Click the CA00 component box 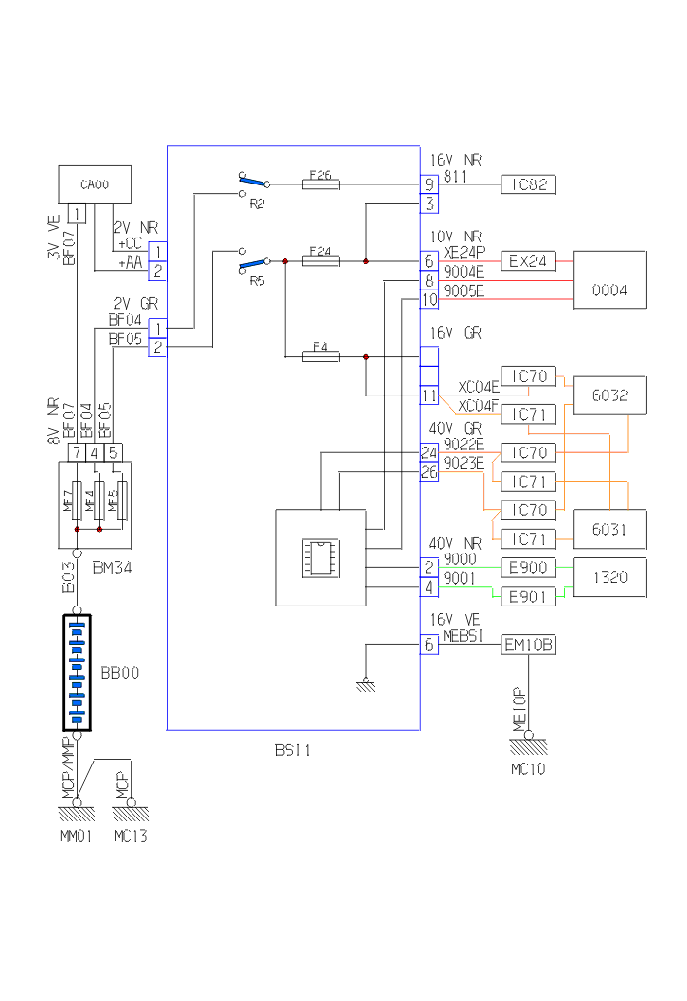tap(94, 184)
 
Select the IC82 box tap(529, 184)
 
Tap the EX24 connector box tap(529, 262)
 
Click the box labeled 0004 tap(609, 281)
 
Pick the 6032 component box tap(609, 395)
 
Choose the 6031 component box tap(609, 529)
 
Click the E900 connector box tap(529, 567)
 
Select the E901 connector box tap(529, 596)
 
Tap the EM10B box tap(529, 645)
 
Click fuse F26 tap(320, 182)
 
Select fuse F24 tap(320, 261)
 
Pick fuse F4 tap(320, 356)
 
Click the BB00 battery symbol tap(77, 673)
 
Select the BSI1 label tap(292, 750)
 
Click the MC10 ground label tap(528, 769)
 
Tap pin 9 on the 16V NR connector tap(429, 184)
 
